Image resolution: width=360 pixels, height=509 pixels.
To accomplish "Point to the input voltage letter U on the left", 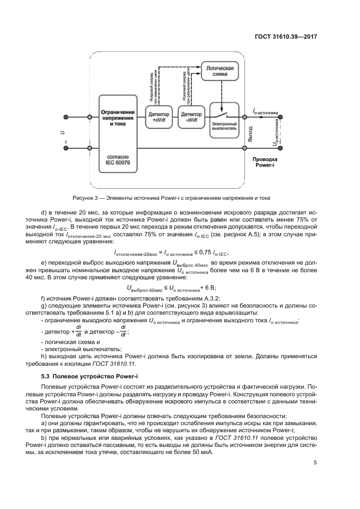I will pyautogui.click(x=63, y=131).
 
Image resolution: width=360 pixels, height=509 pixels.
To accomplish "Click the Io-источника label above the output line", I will pyautogui.click(x=266, y=111).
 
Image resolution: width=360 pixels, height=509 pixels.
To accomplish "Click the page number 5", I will pyautogui.click(x=315, y=464).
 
